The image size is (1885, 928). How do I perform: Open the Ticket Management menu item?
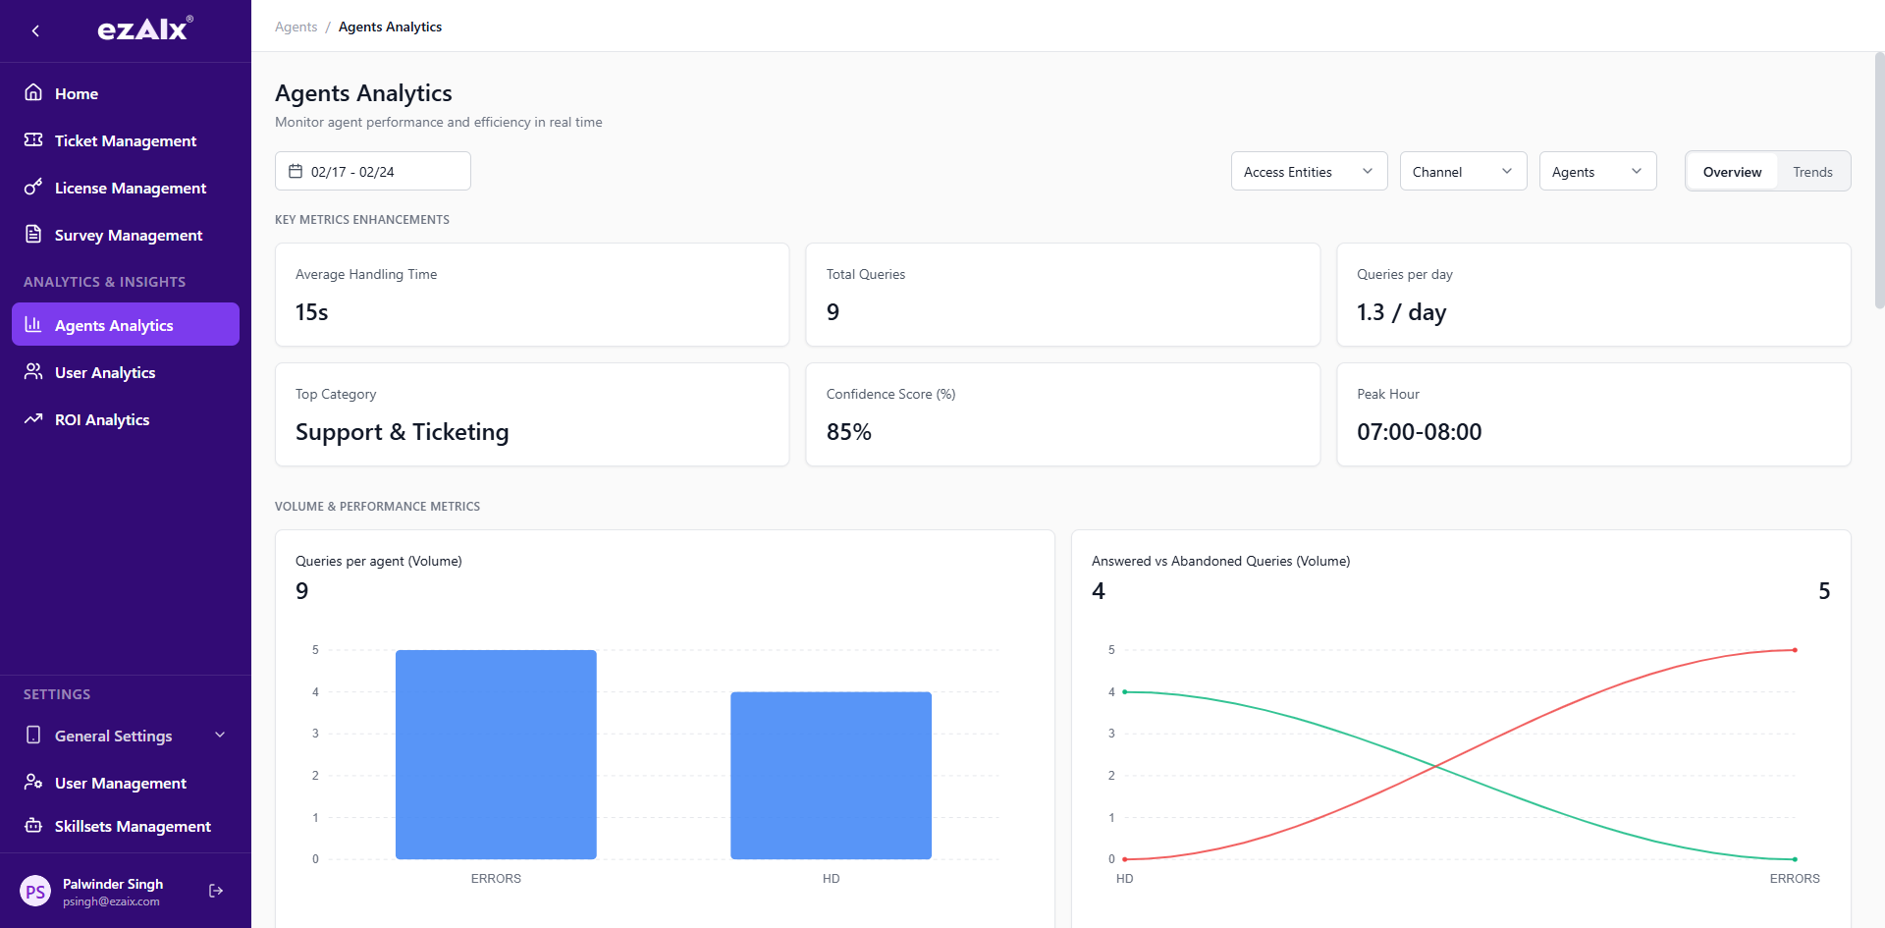(x=125, y=140)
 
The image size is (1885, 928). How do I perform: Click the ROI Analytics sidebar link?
(x=102, y=419)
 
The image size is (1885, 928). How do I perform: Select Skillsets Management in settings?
(x=133, y=826)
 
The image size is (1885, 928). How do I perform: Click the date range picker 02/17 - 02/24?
(x=372, y=171)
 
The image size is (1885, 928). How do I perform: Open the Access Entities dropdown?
(x=1308, y=171)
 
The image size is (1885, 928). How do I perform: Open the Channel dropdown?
(x=1462, y=171)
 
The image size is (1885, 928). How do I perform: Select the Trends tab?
(x=1811, y=172)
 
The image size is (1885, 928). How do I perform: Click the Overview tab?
(x=1732, y=172)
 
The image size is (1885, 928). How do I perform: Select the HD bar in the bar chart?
(x=831, y=775)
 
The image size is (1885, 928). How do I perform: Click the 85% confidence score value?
(x=849, y=432)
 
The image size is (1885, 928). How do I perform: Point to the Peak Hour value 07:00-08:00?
(x=1419, y=432)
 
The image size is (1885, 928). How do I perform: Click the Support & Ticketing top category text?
(x=402, y=432)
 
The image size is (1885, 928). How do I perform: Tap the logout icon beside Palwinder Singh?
(x=216, y=891)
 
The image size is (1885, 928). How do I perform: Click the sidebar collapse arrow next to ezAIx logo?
(x=35, y=30)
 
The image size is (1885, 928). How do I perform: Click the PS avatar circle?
(x=35, y=892)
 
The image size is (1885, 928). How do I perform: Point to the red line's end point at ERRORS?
(x=1795, y=650)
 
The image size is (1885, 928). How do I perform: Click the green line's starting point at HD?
(x=1125, y=692)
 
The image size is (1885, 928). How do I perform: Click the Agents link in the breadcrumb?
(x=296, y=27)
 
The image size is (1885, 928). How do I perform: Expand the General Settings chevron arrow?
(x=220, y=735)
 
